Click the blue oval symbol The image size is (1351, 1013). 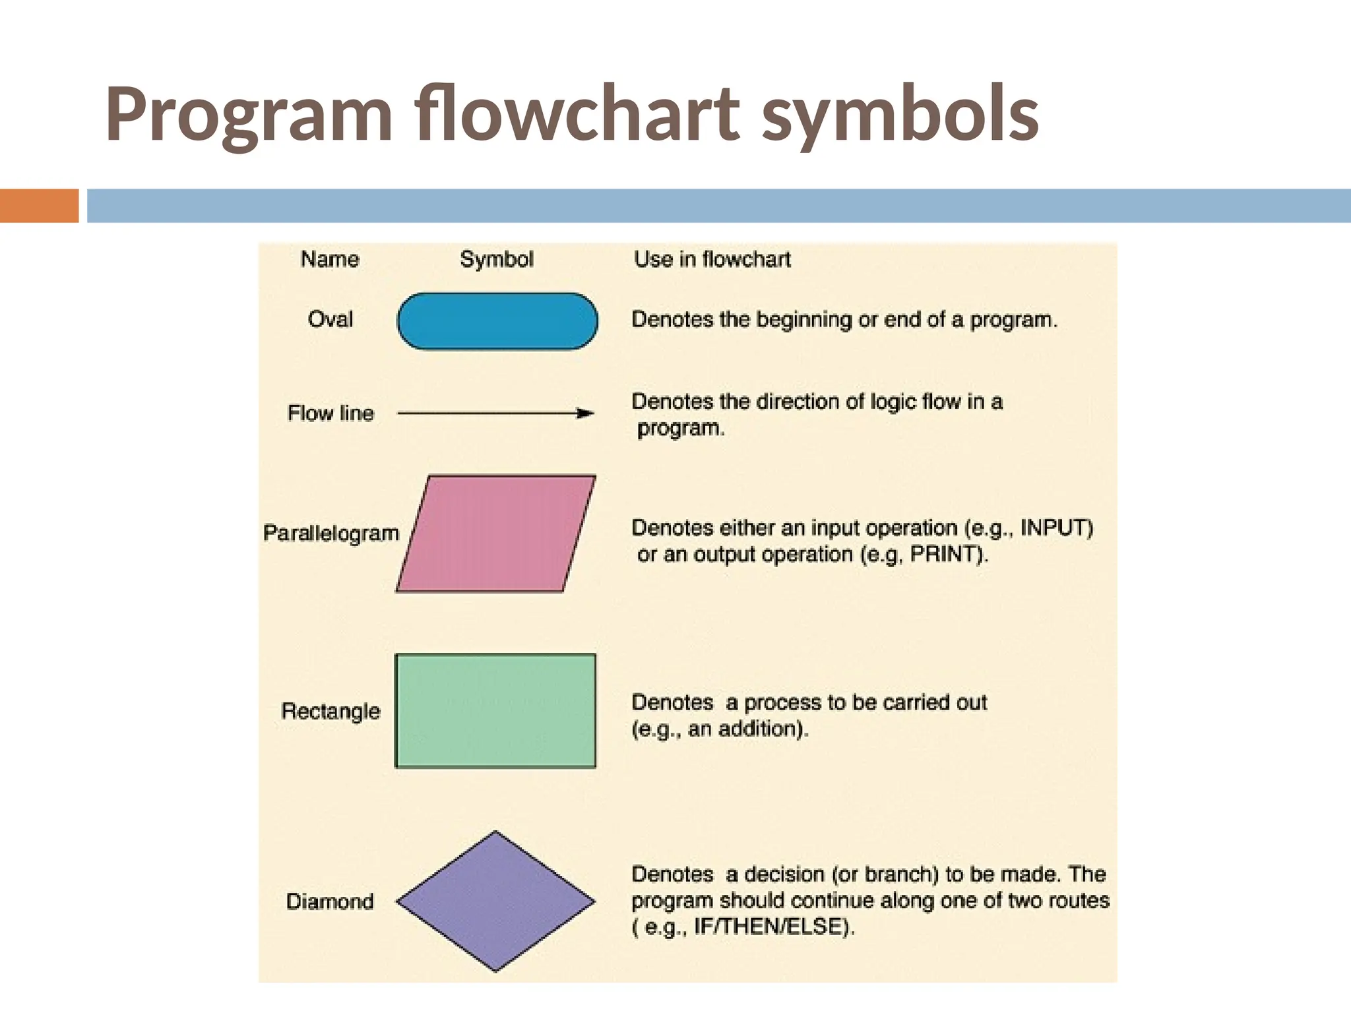[x=497, y=321]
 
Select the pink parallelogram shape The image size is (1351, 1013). [x=496, y=534]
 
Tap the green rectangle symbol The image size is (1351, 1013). [x=495, y=711]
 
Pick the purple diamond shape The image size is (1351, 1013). [x=495, y=901]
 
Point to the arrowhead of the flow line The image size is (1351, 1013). [x=585, y=414]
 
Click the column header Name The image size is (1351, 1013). [x=330, y=259]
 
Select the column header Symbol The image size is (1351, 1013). [x=497, y=259]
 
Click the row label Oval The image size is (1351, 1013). [x=330, y=320]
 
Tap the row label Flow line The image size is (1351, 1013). [x=330, y=414]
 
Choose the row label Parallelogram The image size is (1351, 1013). [x=331, y=533]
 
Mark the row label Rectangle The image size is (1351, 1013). [x=330, y=711]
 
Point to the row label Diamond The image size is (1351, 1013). [x=330, y=901]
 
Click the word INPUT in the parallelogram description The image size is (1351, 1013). [x=1053, y=528]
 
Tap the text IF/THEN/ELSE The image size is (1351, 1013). [x=768, y=927]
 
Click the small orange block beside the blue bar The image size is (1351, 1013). [x=39, y=206]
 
